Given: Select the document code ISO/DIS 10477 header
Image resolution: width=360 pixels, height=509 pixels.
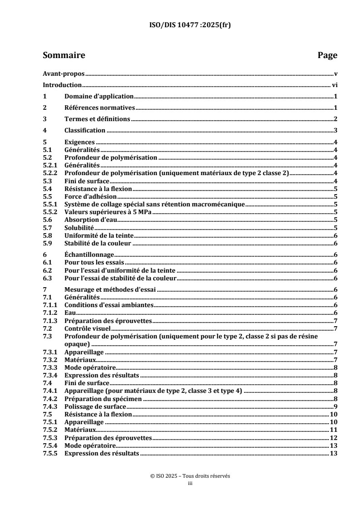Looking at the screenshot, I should pos(180,26).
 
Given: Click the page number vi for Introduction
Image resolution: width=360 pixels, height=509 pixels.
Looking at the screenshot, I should pos(333,85).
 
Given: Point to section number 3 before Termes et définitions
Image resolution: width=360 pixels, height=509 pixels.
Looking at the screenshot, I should pos(44,119).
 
